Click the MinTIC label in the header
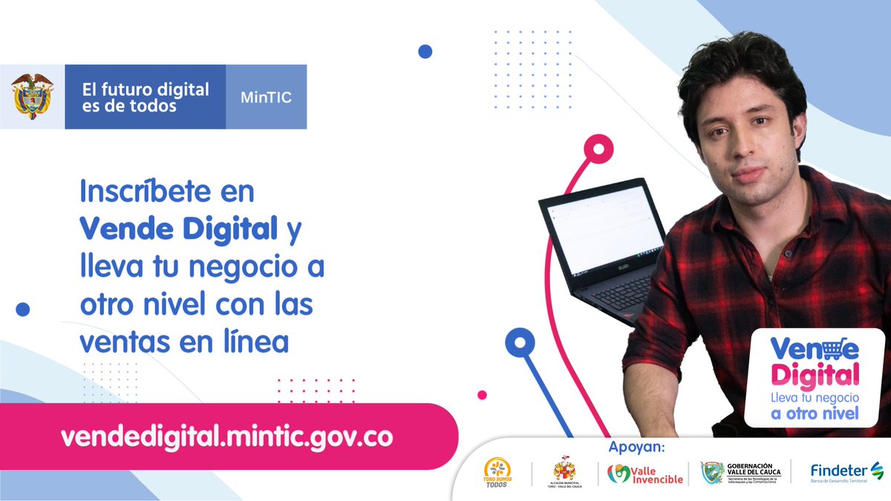(x=265, y=97)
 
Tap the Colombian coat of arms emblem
(x=32, y=96)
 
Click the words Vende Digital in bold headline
(x=178, y=229)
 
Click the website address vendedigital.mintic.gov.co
(x=226, y=436)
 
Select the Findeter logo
(x=846, y=472)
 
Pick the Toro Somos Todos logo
(x=497, y=473)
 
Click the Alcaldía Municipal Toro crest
(x=565, y=472)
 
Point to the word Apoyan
(x=636, y=447)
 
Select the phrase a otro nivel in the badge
(x=815, y=413)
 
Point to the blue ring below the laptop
(x=520, y=343)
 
